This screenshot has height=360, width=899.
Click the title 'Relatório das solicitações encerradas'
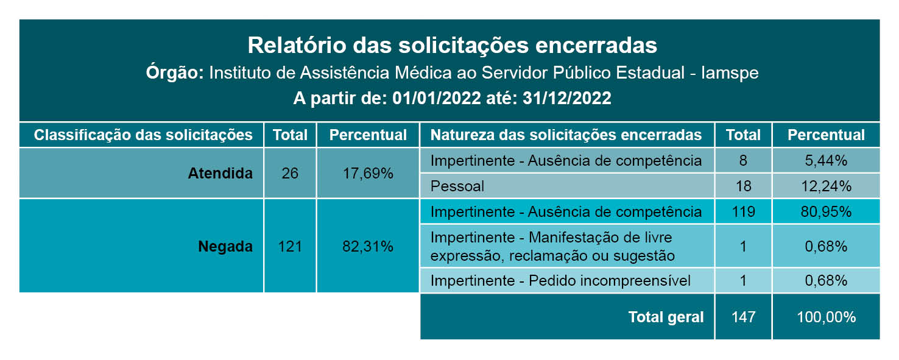(452, 46)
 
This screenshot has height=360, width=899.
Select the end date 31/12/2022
(566, 99)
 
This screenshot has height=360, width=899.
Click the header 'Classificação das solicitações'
(143, 135)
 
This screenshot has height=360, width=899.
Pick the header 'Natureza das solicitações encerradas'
(566, 135)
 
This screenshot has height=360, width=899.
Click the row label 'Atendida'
(220, 173)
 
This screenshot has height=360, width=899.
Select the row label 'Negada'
(225, 247)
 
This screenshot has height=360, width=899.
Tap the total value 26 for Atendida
(290, 173)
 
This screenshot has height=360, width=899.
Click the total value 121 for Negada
(290, 247)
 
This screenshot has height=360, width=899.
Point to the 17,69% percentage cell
(368, 173)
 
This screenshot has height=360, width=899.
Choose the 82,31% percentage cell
(368, 247)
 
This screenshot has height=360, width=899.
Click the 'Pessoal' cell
(457, 186)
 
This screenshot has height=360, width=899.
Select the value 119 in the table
(743, 212)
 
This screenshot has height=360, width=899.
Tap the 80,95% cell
(826, 212)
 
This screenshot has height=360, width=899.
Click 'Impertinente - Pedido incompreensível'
(560, 281)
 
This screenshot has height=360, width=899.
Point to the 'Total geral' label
(666, 317)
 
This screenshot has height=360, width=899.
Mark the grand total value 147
(743, 317)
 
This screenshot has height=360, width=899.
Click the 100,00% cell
(826, 317)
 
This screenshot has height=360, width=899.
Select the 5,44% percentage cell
(826, 161)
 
